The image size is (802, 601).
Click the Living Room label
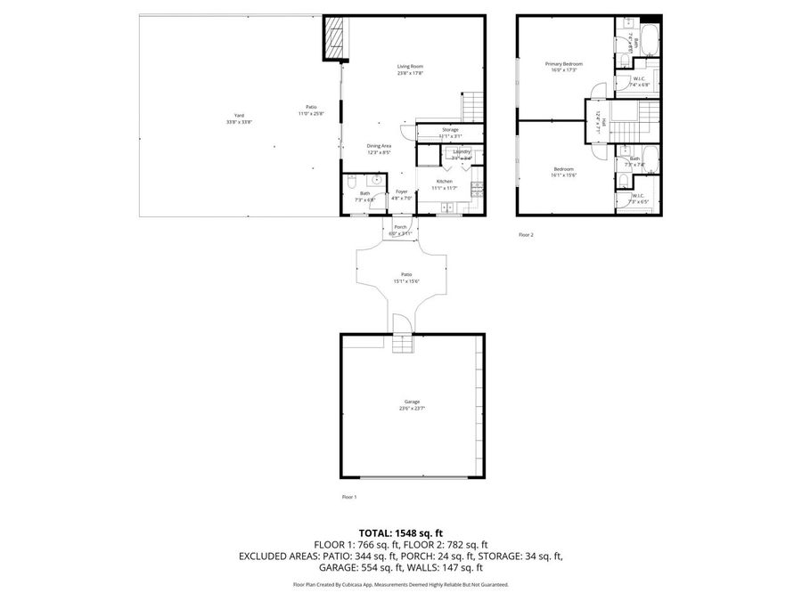(x=410, y=67)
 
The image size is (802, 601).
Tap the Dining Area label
(x=380, y=146)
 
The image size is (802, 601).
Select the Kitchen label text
(x=445, y=182)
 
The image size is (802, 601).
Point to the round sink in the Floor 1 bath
(x=377, y=178)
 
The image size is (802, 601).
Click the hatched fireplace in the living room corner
(x=335, y=38)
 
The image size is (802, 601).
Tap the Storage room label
(x=450, y=130)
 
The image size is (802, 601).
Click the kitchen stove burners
(x=477, y=189)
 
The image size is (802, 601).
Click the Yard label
(x=239, y=116)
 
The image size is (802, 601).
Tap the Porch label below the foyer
(x=400, y=226)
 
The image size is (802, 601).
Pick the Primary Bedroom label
(x=564, y=64)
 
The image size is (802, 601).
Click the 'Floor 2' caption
(x=526, y=235)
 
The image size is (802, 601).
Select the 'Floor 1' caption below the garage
(x=349, y=496)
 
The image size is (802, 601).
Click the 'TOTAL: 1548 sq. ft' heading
(x=400, y=532)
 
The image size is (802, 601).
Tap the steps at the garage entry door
(x=404, y=342)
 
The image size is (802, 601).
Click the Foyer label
(x=402, y=191)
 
